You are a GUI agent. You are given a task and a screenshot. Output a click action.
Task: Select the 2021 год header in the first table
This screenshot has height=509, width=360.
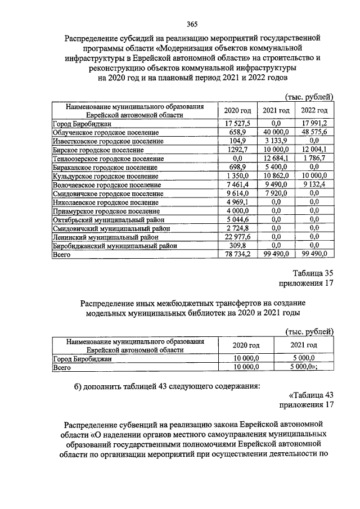coord(276,111)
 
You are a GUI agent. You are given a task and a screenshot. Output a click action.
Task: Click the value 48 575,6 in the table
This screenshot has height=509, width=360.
coord(314,132)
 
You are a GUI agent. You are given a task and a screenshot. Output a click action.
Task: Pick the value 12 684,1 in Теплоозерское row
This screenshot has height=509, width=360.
coord(276,159)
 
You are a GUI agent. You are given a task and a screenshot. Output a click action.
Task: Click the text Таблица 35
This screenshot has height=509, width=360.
coord(313,273)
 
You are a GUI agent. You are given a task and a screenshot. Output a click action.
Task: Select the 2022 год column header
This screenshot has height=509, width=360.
coord(314,111)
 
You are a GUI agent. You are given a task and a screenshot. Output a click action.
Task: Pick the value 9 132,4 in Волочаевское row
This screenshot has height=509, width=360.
coord(314,184)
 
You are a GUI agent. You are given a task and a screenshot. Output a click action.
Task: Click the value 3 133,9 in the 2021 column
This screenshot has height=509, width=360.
coord(276,141)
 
